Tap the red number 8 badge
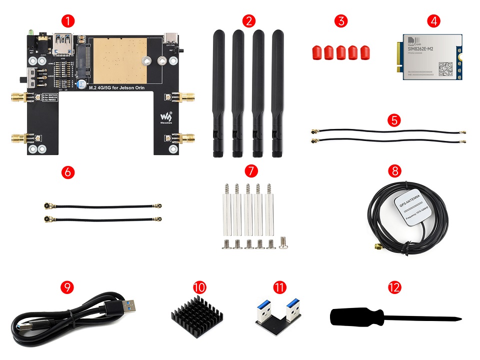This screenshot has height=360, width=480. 395,171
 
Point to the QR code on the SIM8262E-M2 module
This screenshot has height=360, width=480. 445,68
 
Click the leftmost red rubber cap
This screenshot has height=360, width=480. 316,52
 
